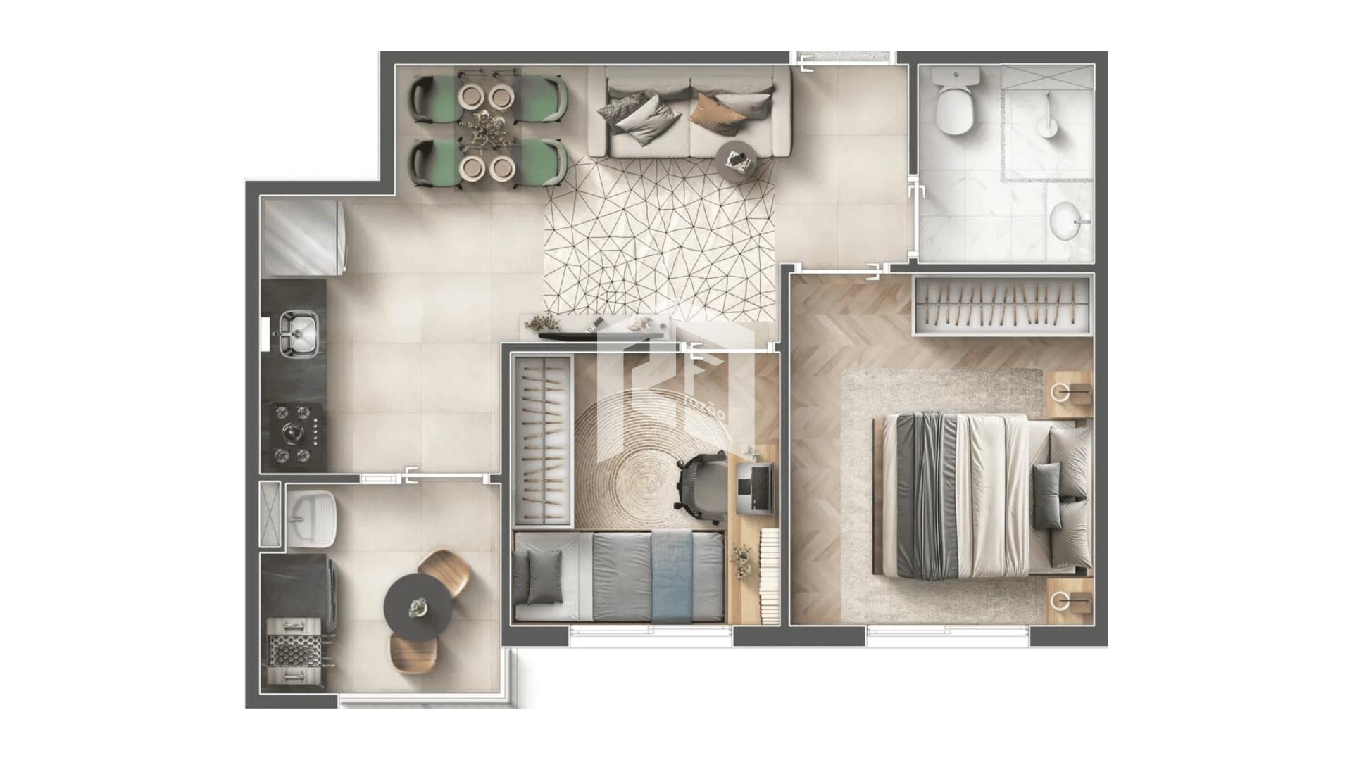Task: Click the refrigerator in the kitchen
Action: (301, 237)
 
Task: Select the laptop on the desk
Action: (755, 487)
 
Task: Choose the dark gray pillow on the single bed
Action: (544, 576)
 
